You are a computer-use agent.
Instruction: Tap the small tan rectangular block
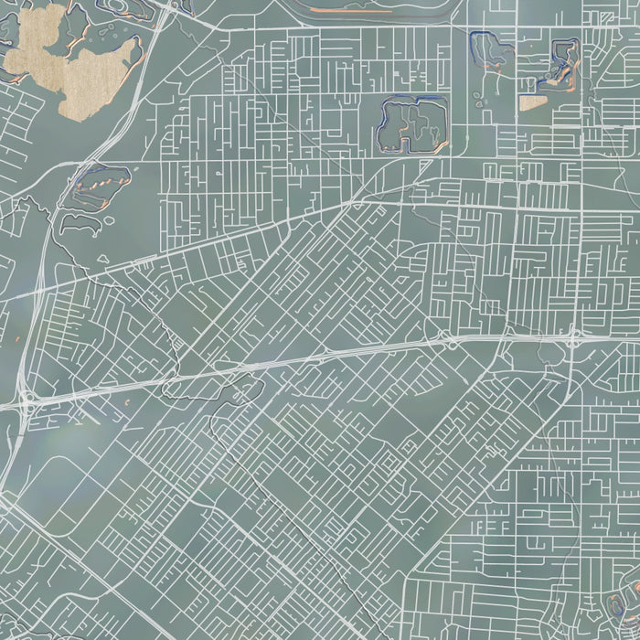click(x=531, y=102)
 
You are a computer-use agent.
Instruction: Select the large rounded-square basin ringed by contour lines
click(x=411, y=125)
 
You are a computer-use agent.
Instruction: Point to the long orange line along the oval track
click(x=352, y=10)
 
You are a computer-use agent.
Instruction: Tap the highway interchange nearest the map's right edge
click(x=573, y=338)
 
